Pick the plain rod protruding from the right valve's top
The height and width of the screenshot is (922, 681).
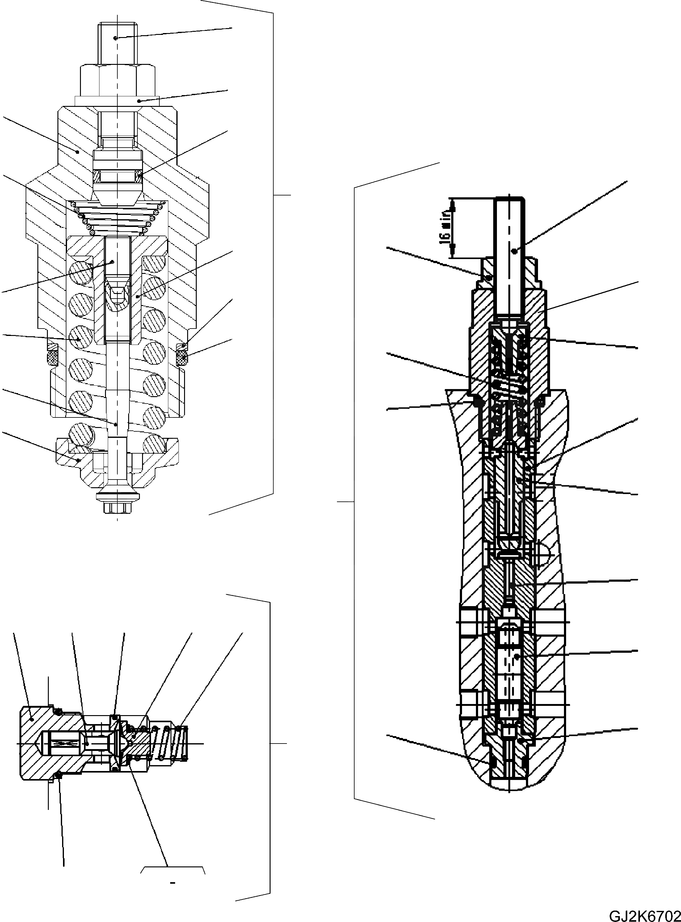510,256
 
